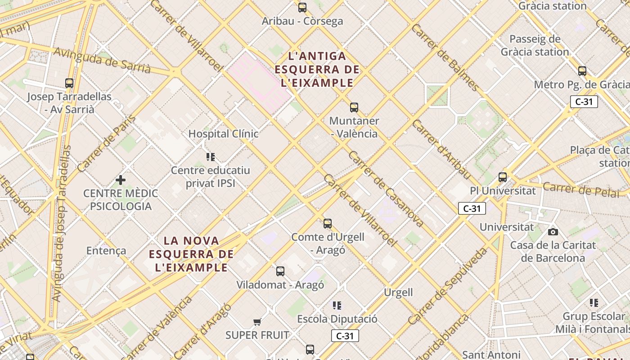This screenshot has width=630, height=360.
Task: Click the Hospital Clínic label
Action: tap(223, 134)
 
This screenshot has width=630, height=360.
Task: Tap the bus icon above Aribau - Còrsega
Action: tap(302, 8)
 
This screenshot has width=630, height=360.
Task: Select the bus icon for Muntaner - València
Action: tap(354, 108)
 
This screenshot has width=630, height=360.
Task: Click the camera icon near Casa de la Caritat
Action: tap(553, 232)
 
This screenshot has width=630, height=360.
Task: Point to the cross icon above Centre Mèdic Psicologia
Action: tap(121, 180)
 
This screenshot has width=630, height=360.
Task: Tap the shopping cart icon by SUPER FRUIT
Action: tap(257, 322)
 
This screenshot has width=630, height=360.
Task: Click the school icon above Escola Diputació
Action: tap(337, 306)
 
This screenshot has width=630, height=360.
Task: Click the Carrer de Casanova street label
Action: tap(386, 189)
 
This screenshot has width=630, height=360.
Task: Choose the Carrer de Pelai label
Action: tap(585, 189)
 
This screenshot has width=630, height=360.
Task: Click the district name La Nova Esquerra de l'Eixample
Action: tap(191, 254)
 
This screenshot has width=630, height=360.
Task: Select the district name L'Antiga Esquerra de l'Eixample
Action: tap(317, 70)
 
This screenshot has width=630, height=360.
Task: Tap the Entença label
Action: tap(106, 251)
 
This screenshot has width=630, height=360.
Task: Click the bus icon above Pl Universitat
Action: tap(503, 177)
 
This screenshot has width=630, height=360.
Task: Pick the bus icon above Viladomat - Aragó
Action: tap(280, 271)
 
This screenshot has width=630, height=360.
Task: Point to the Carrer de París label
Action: tap(107, 144)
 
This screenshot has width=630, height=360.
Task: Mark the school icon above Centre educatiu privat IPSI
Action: tap(211, 157)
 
